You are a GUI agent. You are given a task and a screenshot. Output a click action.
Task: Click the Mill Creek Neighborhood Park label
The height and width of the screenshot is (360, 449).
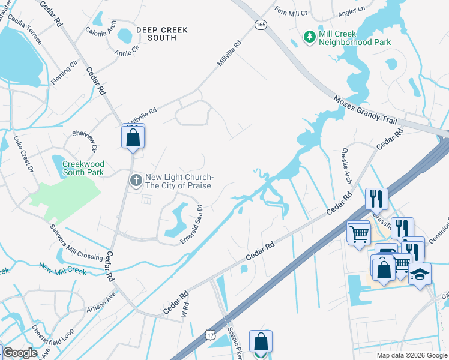355,38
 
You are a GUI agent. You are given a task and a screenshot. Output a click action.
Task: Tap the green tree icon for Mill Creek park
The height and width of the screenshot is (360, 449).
310,38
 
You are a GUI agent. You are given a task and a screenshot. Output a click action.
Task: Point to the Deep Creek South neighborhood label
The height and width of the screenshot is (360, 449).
161,34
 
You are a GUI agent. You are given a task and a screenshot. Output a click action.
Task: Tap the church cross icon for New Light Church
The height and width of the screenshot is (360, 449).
136,179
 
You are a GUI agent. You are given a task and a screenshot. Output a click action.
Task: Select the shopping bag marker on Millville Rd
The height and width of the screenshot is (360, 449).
133,137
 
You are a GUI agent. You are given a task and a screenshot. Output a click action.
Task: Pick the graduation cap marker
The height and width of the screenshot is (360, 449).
420,274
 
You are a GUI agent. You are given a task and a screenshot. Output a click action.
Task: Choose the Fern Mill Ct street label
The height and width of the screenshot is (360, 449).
291,11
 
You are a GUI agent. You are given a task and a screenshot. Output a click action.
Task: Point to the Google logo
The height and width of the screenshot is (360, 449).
20,353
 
